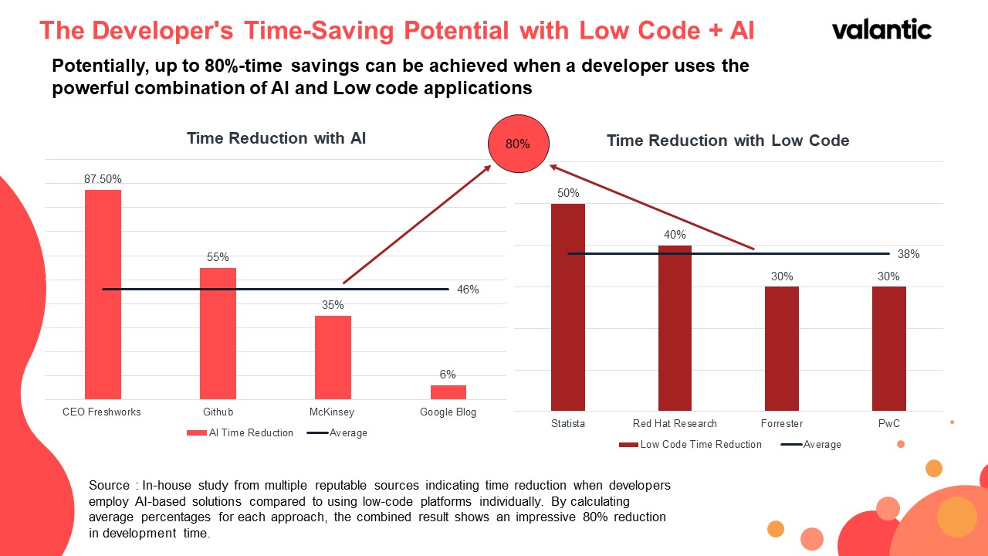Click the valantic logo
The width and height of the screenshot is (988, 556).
881,29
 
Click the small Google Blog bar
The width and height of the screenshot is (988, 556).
448,392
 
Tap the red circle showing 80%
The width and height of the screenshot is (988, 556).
517,144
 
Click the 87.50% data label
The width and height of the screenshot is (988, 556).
103,179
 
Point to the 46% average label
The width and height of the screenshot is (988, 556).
468,290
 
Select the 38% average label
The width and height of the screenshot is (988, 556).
908,253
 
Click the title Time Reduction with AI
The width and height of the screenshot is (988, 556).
276,138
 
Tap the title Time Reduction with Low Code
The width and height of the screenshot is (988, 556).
728,141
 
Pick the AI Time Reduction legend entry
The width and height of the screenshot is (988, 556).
240,433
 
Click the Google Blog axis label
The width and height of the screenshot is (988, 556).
448,412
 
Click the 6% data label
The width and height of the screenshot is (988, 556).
448,375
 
